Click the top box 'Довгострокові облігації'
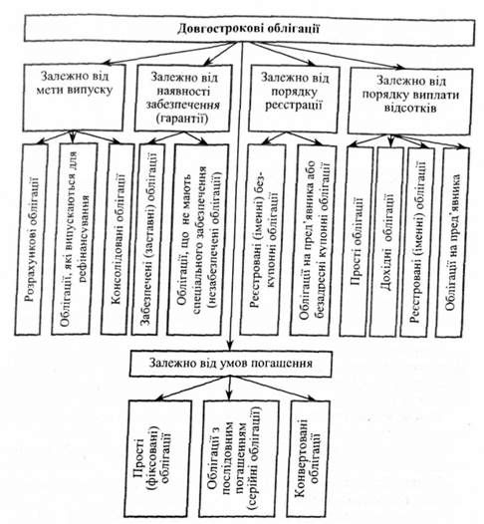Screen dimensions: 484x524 [x=250, y=30]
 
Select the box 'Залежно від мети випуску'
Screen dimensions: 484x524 [x=74, y=98]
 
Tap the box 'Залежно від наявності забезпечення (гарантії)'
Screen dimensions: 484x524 [x=183, y=98]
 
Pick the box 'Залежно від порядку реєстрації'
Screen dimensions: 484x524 [x=294, y=99]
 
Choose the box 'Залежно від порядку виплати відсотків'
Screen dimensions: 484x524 [x=410, y=101]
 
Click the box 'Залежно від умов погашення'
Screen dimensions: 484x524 [x=231, y=364]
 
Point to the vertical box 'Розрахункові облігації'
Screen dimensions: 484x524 [x=31, y=239]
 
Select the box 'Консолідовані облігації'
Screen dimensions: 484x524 [x=118, y=239]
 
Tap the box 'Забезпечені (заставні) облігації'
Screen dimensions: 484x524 [x=148, y=239]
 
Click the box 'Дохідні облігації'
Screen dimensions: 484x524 [x=386, y=241]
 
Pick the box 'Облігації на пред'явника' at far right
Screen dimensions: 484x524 [x=452, y=242]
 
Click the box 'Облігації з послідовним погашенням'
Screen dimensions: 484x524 [x=239, y=458]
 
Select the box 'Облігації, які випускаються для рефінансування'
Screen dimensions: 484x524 [x=74, y=239]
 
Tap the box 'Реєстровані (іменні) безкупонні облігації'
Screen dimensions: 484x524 [x=263, y=240]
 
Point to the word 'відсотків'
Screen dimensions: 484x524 [x=410, y=109]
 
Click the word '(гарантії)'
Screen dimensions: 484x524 [x=183, y=119]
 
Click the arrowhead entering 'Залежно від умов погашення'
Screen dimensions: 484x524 [x=229, y=346]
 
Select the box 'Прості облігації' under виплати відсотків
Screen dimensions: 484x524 [x=357, y=241]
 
